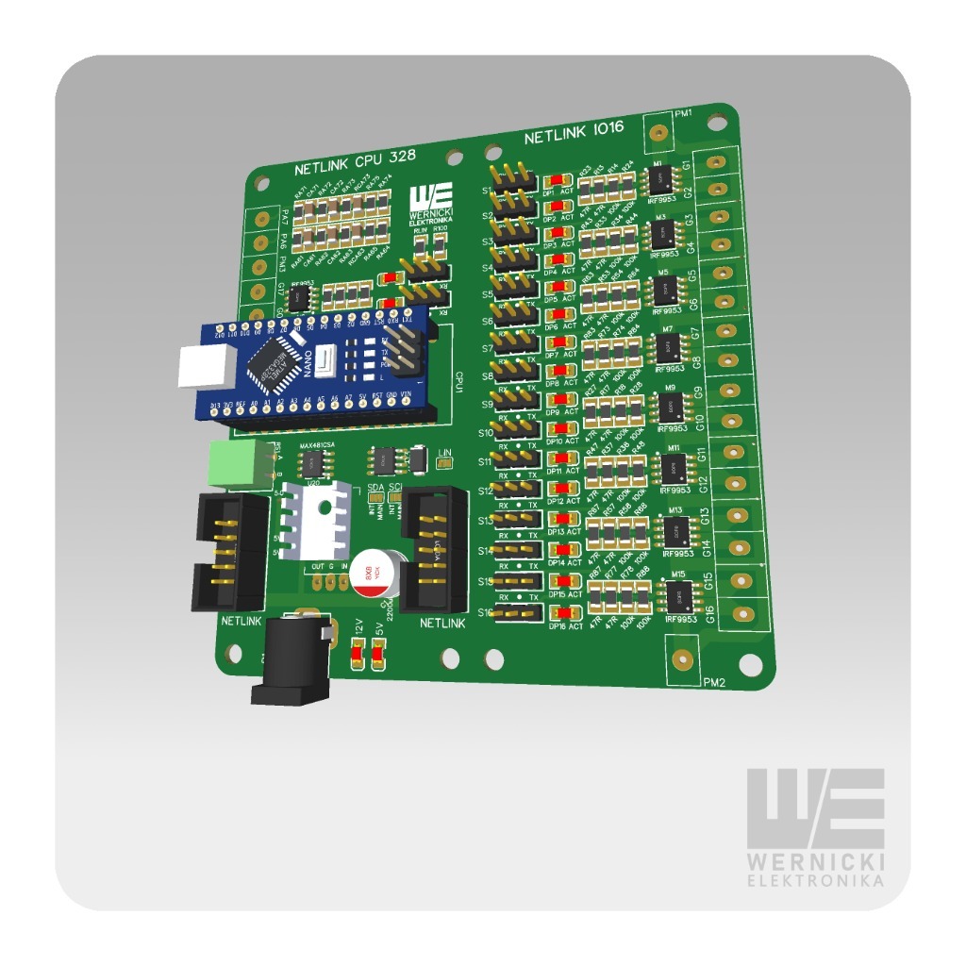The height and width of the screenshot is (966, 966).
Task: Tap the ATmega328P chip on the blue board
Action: coord(274,363)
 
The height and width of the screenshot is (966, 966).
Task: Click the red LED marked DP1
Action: coord(558,180)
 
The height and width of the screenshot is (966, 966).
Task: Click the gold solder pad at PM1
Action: coord(658,131)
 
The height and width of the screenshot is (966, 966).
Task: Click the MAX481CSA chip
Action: coord(310,463)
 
